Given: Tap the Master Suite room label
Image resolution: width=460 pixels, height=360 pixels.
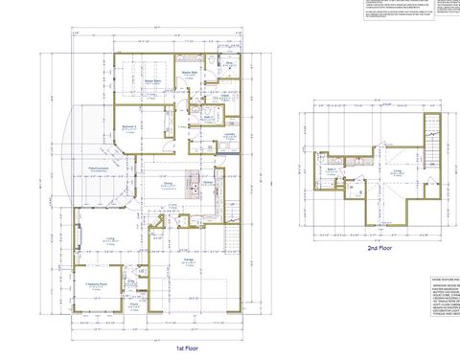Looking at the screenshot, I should coord(151,82).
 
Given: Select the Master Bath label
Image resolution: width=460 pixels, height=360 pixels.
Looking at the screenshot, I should coord(190,74).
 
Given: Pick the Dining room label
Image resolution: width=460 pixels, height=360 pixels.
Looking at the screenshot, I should coord(169,184).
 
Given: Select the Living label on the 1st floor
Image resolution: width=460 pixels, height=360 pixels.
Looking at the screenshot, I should coord(110,238).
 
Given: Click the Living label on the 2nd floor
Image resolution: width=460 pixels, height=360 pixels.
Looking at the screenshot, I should coord(396,171).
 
